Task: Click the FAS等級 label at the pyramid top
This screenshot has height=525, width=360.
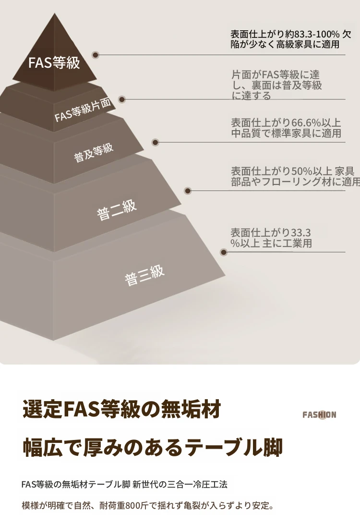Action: coord(54,62)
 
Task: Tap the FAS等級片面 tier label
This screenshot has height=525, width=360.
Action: coord(83,110)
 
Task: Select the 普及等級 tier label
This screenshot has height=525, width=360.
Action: coord(94,153)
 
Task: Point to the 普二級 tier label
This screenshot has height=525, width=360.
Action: coord(117,210)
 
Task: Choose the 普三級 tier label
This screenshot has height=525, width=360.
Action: coord(144,276)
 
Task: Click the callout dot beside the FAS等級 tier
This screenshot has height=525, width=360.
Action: coord(96,55)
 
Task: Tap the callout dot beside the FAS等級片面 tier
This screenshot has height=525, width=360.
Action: coord(122,99)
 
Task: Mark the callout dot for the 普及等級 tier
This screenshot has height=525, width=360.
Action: coord(155,143)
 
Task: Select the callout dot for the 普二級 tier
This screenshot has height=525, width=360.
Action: coord(188,191)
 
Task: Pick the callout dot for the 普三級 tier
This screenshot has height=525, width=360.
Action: coord(224,252)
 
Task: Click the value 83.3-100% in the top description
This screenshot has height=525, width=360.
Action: coord(317,34)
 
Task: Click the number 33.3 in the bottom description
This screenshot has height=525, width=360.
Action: coord(301,232)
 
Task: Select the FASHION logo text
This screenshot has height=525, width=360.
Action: coord(319,415)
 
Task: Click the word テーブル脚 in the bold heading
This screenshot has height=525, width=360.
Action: coord(234,447)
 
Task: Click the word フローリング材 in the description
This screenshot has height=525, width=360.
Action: coord(290,182)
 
